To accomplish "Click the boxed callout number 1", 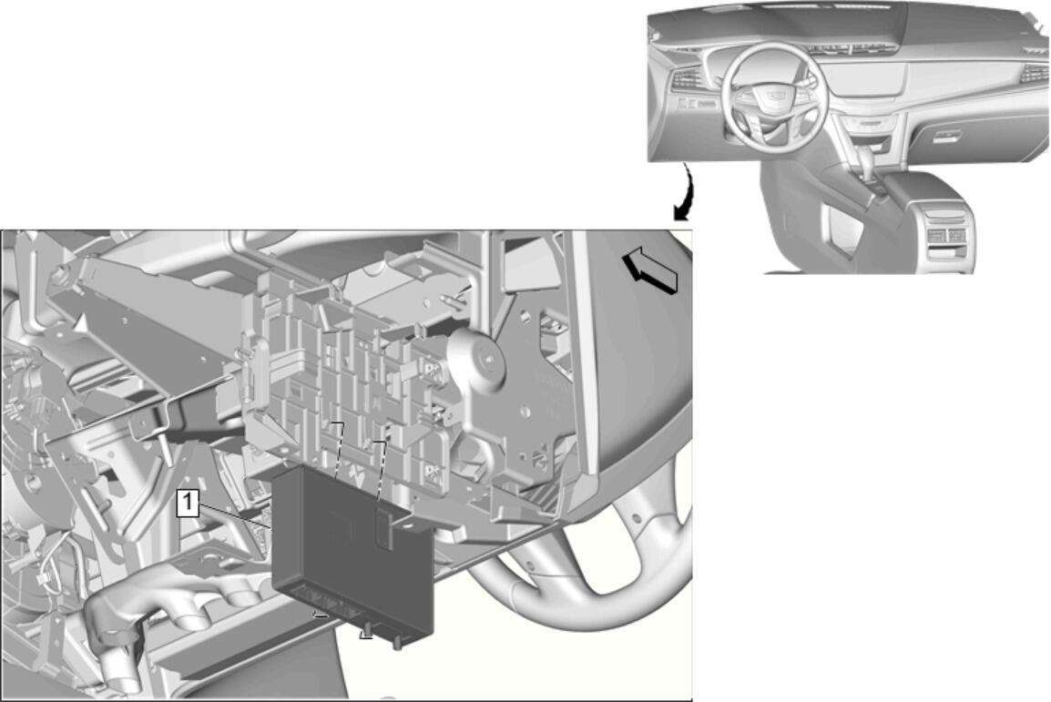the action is pos(189,504).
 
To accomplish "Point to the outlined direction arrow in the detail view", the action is pos(650,270).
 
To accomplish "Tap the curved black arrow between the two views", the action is pos(685,193).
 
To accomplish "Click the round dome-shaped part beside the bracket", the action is pos(478,360).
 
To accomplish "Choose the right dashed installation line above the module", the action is pos(382,470).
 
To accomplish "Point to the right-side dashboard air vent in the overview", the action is pos(1035,74).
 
